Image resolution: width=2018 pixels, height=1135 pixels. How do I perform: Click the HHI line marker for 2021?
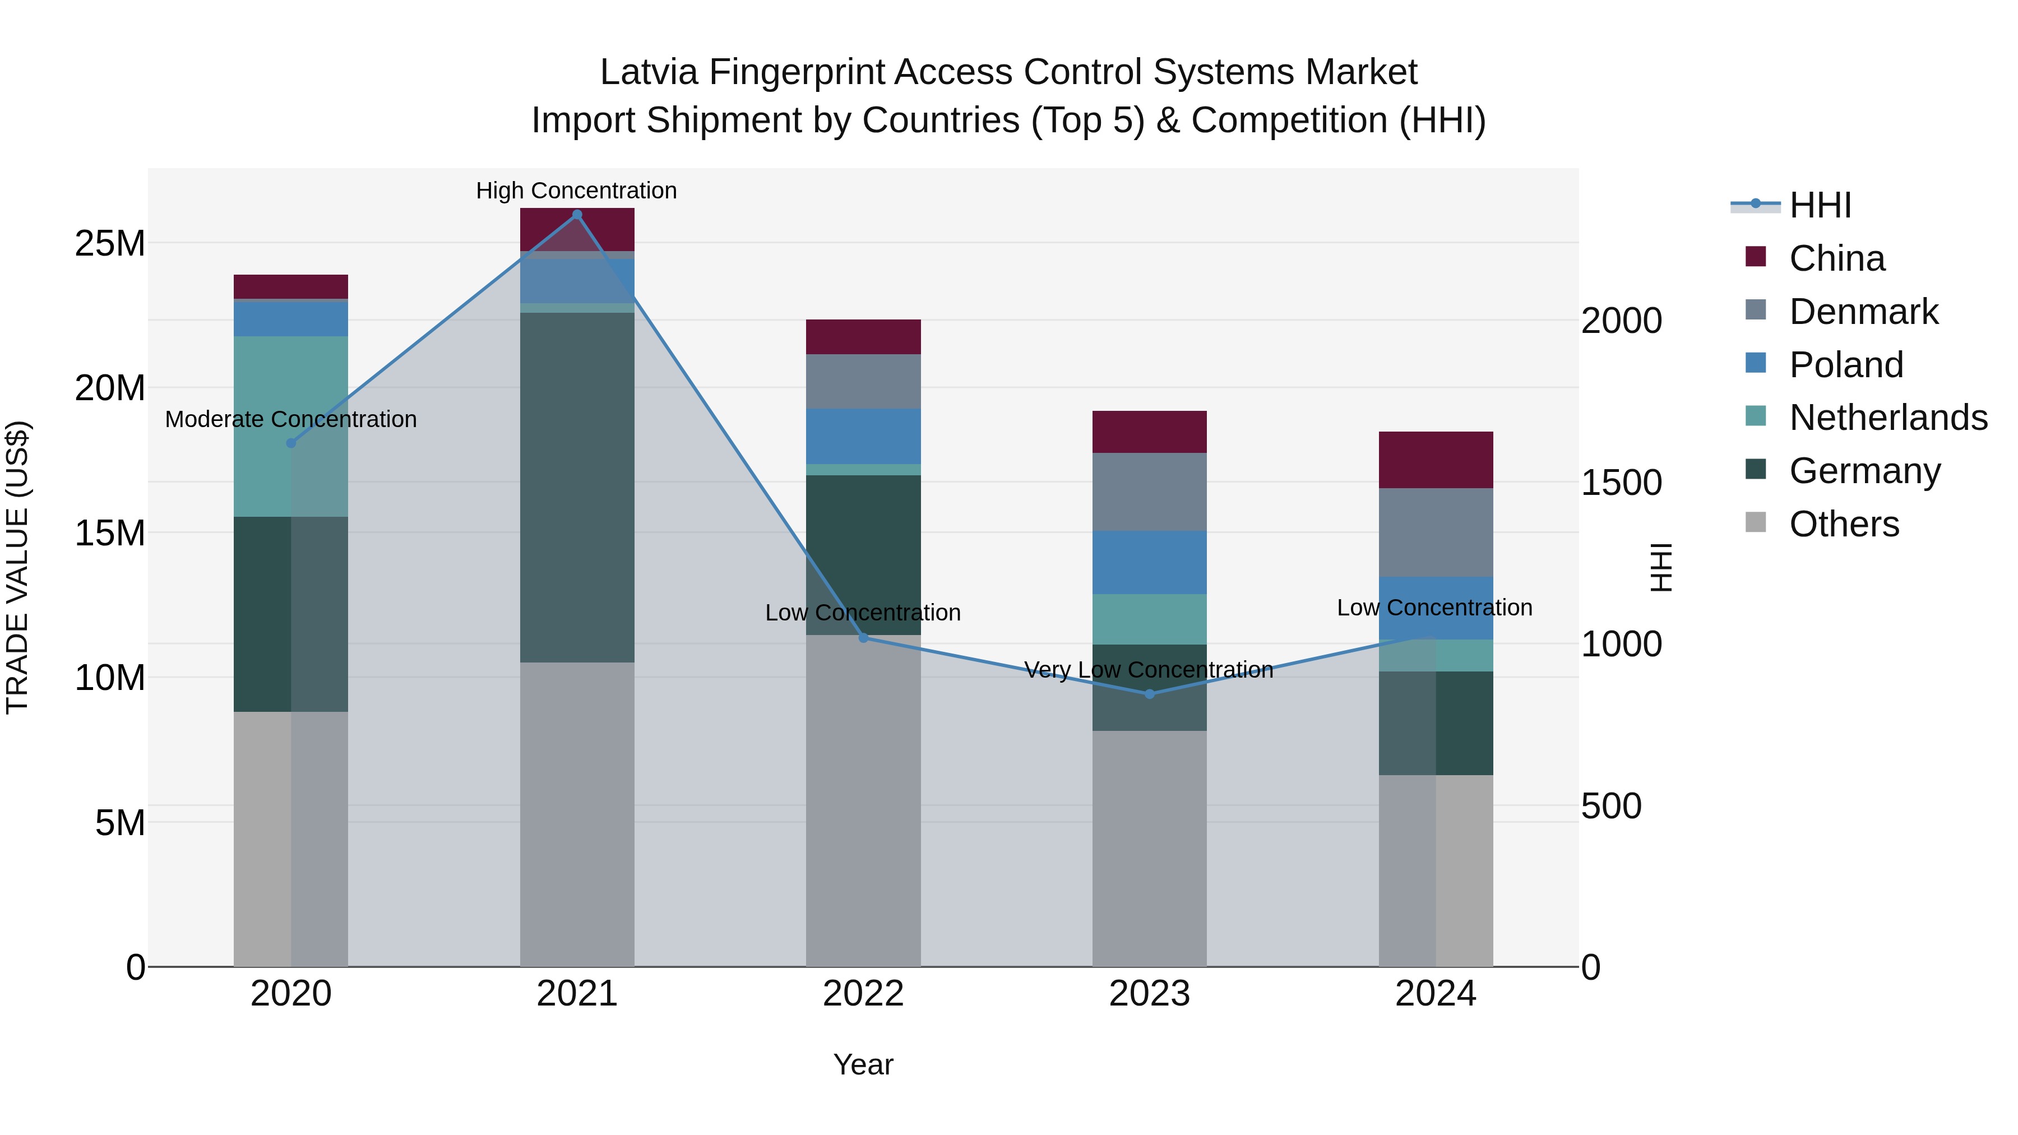click(x=577, y=215)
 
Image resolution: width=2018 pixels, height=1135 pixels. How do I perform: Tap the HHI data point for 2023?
click(x=1149, y=694)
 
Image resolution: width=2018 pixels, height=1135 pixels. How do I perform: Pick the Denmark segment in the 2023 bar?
click(x=1149, y=492)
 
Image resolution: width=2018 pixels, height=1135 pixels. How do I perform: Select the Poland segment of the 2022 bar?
click(x=863, y=436)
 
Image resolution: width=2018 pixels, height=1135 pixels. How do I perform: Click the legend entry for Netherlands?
click(x=1888, y=418)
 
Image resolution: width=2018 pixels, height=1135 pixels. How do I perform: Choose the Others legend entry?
click(x=1843, y=524)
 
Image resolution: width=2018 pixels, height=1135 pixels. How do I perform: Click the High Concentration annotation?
click(x=577, y=191)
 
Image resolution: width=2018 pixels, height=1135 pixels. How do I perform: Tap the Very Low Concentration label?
click(x=1149, y=670)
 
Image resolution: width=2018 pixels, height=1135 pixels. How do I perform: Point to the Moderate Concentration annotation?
click(x=290, y=420)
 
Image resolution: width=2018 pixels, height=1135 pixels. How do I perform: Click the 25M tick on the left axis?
click(x=110, y=244)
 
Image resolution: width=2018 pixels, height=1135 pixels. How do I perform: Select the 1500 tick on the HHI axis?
click(x=1621, y=483)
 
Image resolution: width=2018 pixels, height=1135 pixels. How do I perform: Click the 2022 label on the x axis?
click(x=863, y=994)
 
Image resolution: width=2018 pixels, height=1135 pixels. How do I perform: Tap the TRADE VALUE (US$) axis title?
click(x=17, y=567)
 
